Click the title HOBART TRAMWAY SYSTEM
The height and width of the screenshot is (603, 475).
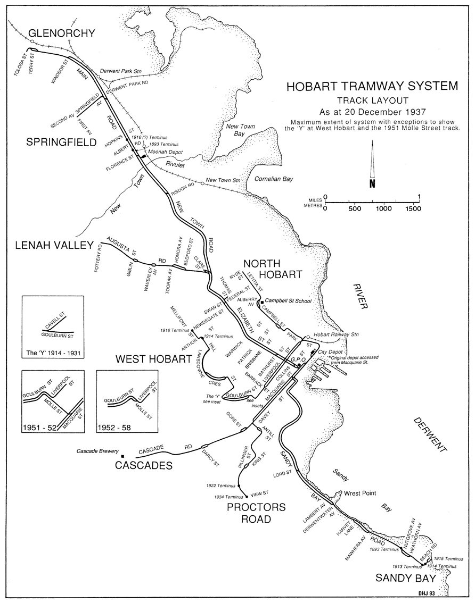point(371,87)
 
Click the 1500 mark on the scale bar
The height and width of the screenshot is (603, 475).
point(412,208)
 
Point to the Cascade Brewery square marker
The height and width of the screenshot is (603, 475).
point(122,456)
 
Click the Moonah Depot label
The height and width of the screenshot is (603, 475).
point(168,152)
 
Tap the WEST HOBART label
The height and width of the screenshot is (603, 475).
point(153,360)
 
